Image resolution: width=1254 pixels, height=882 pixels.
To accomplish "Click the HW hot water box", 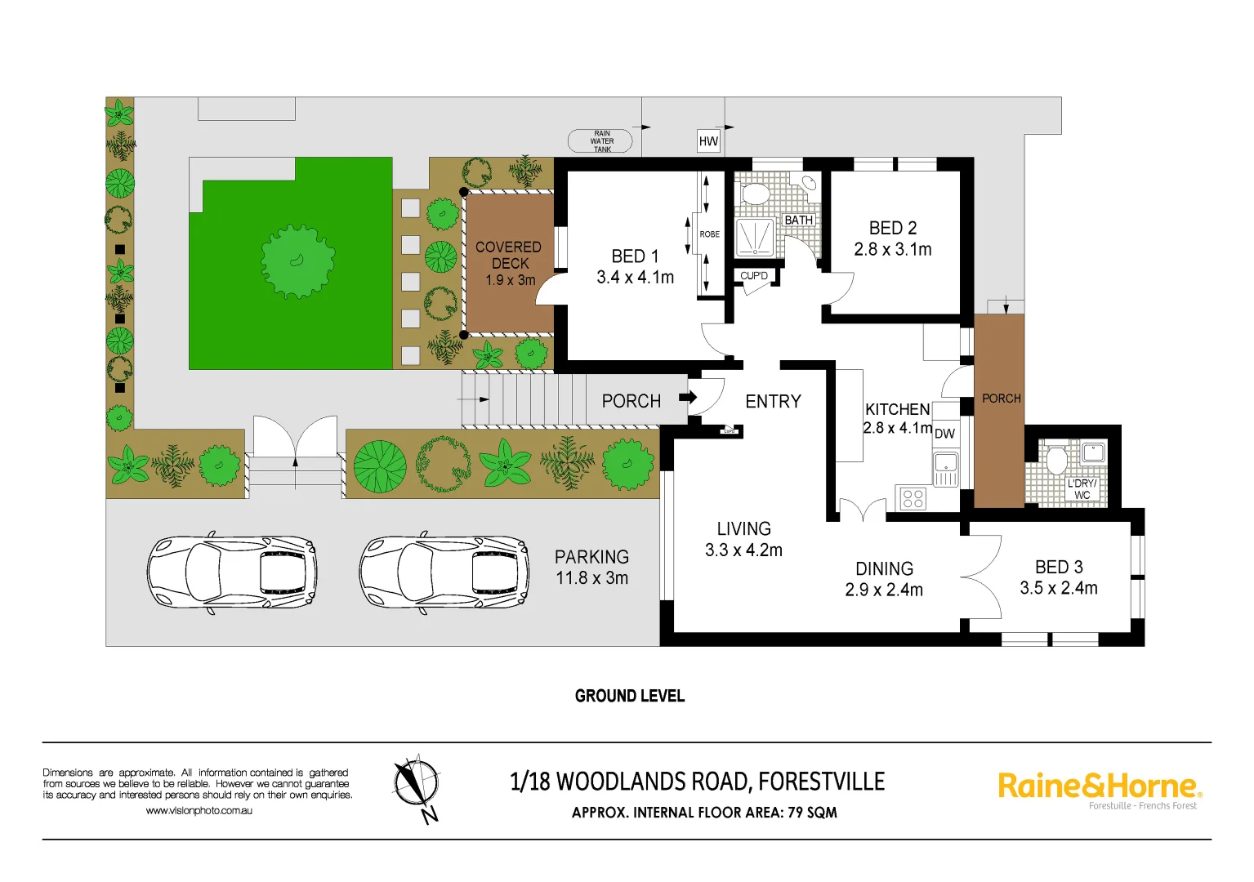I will tap(708, 141).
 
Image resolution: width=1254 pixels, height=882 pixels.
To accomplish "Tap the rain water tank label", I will tap(601, 141).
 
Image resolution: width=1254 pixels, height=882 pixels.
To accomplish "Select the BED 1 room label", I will tap(635, 256).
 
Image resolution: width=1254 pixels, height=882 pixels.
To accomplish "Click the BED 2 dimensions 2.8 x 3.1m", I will tap(892, 250).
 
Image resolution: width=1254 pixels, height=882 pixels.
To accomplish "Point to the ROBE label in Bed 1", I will tap(709, 234).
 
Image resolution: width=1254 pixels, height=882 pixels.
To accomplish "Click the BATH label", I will tap(798, 220).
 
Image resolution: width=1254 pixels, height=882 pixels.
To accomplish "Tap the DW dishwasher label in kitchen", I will tap(944, 434).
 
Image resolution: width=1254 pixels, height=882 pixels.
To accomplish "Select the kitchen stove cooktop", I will tap(913, 498).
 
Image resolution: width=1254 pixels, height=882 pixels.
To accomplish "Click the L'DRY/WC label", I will tap(1082, 489).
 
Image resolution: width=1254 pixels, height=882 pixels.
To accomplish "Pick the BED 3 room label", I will tap(1059, 567).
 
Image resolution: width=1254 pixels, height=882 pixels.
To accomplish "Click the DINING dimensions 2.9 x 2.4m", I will tap(884, 590).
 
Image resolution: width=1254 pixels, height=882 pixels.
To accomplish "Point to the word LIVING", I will tap(743, 529).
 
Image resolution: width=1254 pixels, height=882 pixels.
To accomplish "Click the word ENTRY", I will tap(773, 402).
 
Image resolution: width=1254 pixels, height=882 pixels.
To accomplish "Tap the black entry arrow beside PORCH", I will tap(688, 398).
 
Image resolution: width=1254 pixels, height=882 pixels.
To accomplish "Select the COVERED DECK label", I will tap(509, 255).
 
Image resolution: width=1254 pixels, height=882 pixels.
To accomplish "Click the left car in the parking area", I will tap(231, 572).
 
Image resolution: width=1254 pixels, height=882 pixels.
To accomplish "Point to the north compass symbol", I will tap(417, 786).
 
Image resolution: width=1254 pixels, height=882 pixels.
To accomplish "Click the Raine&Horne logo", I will tap(1099, 788).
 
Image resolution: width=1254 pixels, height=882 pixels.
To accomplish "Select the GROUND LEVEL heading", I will tap(629, 696).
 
